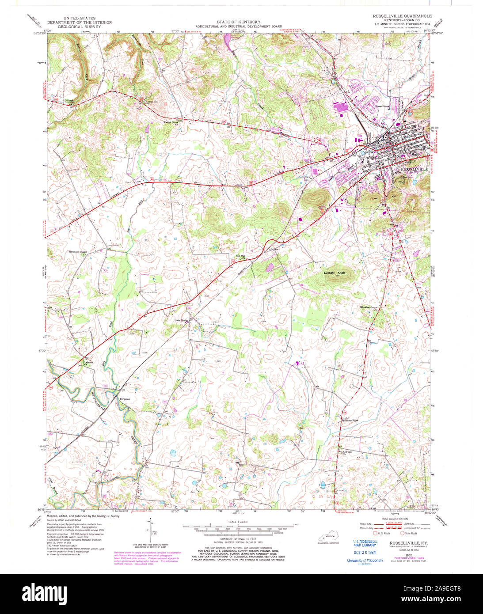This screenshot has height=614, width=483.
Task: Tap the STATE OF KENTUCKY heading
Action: (x=238, y=22)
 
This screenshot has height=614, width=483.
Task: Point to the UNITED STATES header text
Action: (x=79, y=19)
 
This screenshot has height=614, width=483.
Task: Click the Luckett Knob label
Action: (x=335, y=273)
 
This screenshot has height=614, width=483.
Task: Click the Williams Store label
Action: (x=350, y=420)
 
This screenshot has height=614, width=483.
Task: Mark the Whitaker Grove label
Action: (x=371, y=307)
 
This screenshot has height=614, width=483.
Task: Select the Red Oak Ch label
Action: (x=347, y=453)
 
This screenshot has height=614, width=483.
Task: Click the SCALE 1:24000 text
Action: (x=238, y=522)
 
